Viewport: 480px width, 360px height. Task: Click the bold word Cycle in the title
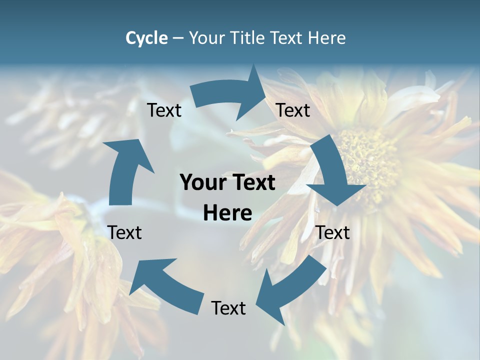(x=146, y=38)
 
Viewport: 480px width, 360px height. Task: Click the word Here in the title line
(x=326, y=38)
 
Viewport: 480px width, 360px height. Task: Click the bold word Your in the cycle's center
(x=201, y=183)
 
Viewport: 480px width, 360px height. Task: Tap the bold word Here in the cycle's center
(x=227, y=213)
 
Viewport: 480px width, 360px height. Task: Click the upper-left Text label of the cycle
(x=164, y=110)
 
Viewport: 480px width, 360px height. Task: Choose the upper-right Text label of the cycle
(x=293, y=110)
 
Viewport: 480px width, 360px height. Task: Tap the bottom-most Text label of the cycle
(x=228, y=308)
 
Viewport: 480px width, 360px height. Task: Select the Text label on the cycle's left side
(x=124, y=232)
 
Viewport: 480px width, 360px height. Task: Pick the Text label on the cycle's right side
(x=333, y=232)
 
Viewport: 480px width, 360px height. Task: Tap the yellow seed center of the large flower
(x=367, y=160)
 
